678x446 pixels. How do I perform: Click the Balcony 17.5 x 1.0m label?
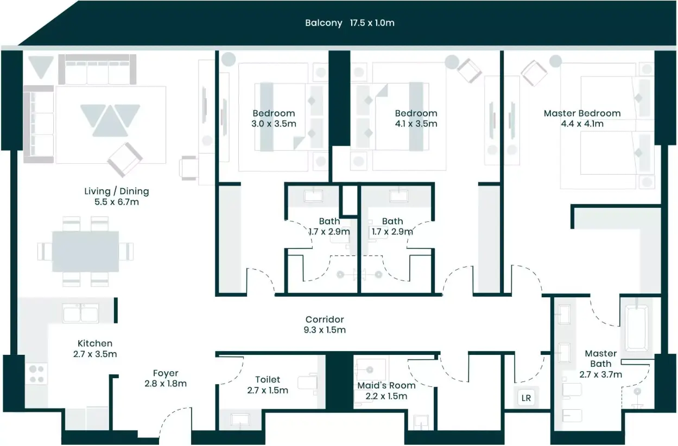[x=350, y=23]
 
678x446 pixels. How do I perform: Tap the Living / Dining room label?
[x=117, y=196]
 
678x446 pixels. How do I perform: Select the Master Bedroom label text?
[x=582, y=118]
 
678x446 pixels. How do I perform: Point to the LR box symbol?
[x=526, y=398]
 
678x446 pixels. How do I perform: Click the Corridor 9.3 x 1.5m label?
[x=325, y=324]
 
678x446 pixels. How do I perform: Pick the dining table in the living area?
[x=85, y=251]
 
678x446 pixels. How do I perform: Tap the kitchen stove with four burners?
[x=36, y=374]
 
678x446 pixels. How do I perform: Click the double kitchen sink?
[x=80, y=313]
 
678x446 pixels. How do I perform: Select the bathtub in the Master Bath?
[x=637, y=328]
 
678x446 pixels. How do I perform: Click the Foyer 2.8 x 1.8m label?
[x=165, y=378]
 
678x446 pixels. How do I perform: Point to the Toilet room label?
[x=268, y=385]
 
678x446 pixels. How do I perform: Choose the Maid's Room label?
[x=386, y=391]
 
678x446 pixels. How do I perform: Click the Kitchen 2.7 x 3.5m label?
[x=95, y=348]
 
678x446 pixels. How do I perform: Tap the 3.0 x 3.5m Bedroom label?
[x=274, y=118]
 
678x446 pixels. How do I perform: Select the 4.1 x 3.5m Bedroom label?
[x=416, y=118]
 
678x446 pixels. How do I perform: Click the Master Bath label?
[x=600, y=364]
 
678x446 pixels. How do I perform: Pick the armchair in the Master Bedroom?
[x=534, y=73]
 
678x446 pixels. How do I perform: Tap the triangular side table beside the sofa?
[x=41, y=67]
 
